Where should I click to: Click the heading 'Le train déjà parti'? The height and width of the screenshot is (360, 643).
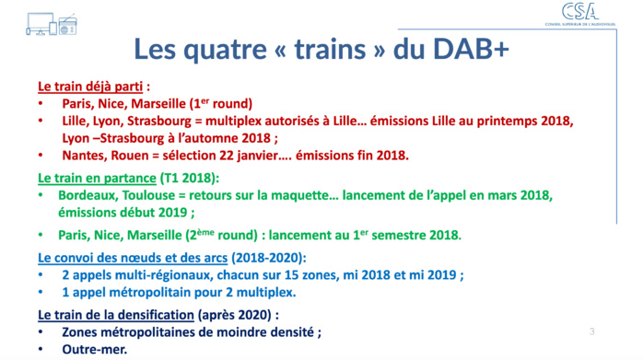[x=90, y=87]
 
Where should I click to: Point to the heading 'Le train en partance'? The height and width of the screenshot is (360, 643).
[x=98, y=176]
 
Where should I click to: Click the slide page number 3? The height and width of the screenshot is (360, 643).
[x=592, y=331]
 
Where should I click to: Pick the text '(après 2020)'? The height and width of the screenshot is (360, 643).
[x=238, y=315]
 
